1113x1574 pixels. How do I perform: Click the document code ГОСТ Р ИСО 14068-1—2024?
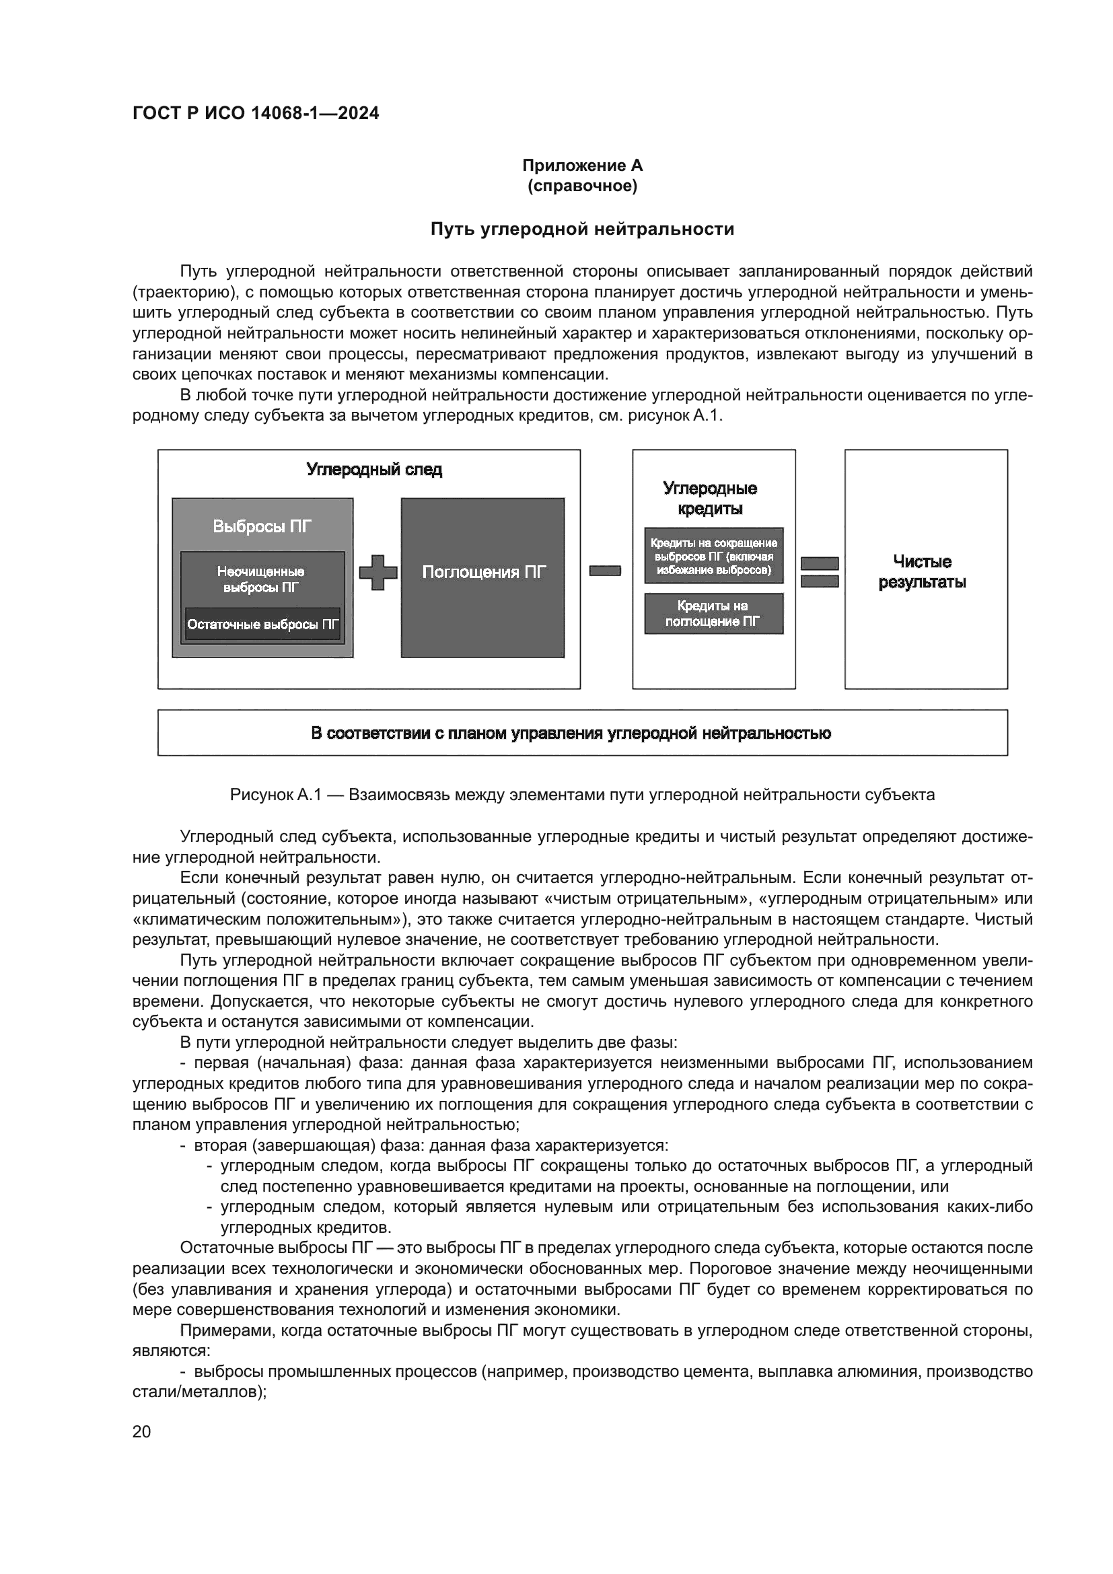[256, 114]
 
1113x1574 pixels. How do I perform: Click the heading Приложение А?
[582, 166]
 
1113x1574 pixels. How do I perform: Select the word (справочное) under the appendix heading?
[582, 186]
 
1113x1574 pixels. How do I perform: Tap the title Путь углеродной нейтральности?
[582, 229]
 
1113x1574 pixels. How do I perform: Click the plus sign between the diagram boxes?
[378, 572]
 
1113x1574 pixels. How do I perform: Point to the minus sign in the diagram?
[604, 571]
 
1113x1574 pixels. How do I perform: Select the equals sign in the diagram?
[820, 572]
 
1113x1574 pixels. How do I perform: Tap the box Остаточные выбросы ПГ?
[262, 624]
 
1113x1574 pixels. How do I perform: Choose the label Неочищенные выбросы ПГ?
[261, 579]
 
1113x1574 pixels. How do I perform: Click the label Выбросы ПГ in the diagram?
[262, 526]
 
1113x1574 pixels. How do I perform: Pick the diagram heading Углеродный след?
[373, 470]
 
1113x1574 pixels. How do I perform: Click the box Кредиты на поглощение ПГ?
[713, 614]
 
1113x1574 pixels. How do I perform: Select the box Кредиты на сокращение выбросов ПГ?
[713, 556]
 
